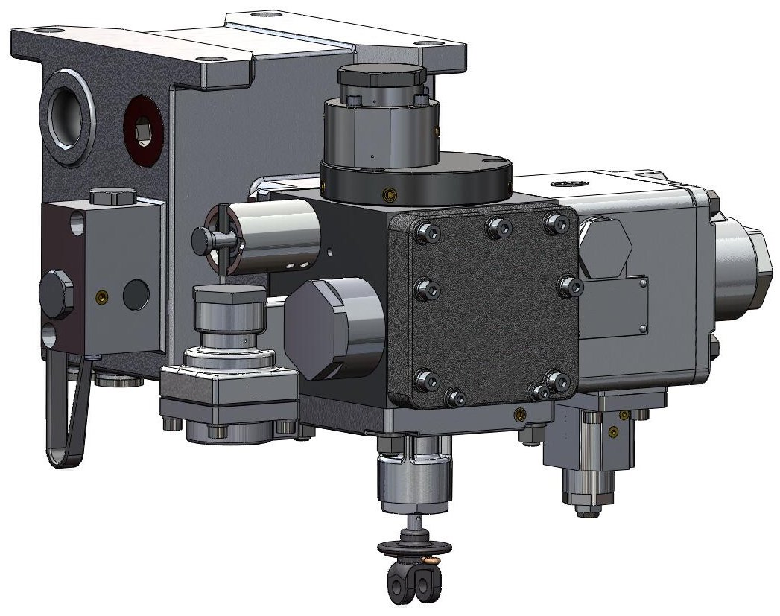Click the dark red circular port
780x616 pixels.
[143, 131]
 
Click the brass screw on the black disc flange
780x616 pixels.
[387, 194]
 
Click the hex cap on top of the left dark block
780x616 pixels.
[112, 197]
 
